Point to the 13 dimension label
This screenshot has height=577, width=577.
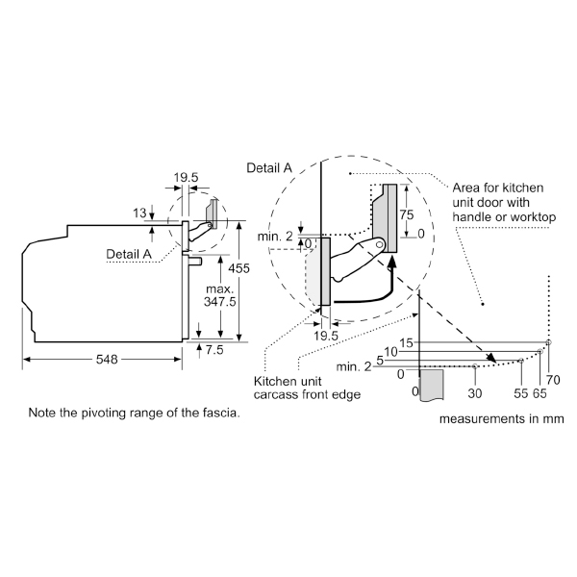[140, 213]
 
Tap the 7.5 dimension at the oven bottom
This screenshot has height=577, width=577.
[213, 350]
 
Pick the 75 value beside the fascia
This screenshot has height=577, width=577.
[408, 215]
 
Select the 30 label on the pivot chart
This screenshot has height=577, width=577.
[473, 392]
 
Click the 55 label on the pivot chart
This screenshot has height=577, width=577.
[521, 392]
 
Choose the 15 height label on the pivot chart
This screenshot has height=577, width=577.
[406, 342]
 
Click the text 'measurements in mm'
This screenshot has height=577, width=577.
[502, 419]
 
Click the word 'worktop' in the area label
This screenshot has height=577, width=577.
[534, 217]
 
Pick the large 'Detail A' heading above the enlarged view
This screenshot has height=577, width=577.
[270, 167]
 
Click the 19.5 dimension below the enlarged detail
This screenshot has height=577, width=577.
[327, 337]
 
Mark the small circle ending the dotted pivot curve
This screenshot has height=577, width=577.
[547, 342]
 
